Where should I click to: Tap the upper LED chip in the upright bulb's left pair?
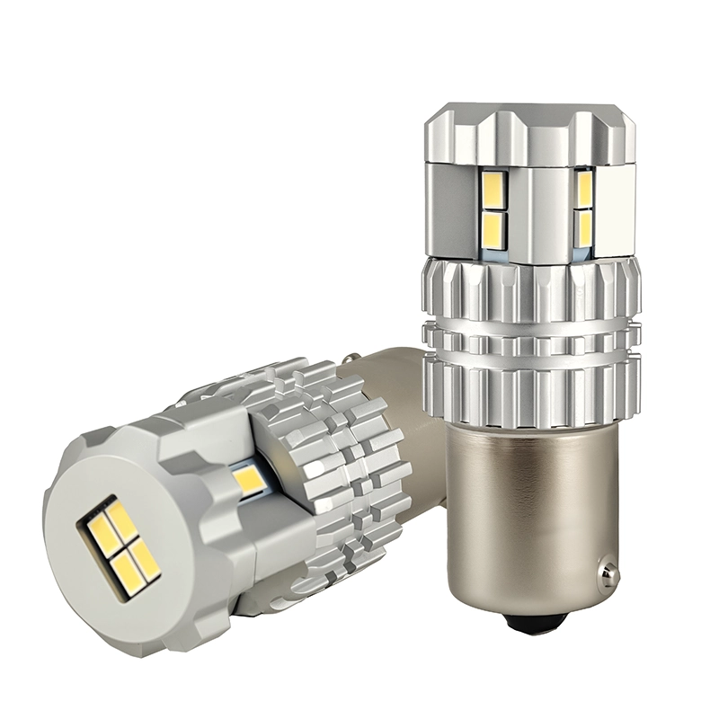(495, 189)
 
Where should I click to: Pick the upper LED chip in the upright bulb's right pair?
(584, 189)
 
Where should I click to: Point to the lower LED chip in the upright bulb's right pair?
(584, 227)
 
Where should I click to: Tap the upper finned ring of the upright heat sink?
(530, 288)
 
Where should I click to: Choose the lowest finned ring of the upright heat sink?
(530, 386)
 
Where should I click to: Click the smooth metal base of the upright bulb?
(530, 503)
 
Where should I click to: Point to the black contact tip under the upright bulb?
(537, 620)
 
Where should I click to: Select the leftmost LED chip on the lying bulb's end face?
(101, 534)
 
